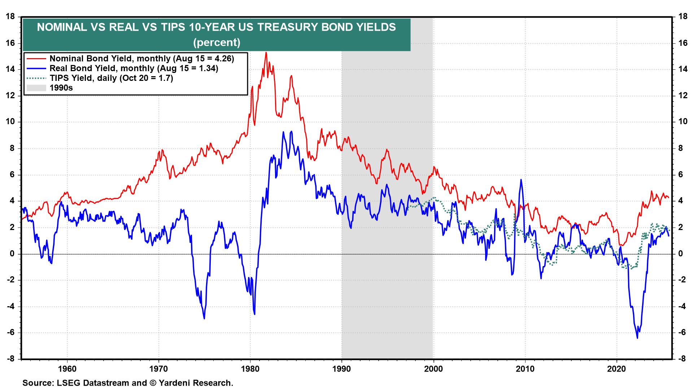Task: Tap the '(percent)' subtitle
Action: click(x=217, y=43)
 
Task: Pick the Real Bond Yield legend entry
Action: click(x=134, y=68)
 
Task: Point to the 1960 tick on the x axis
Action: click(x=67, y=370)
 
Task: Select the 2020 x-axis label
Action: click(x=616, y=370)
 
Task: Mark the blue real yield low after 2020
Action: click(x=637, y=338)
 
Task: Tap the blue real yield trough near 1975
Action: click(x=204, y=318)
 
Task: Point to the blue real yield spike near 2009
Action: click(x=521, y=179)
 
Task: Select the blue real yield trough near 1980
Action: click(x=254, y=314)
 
